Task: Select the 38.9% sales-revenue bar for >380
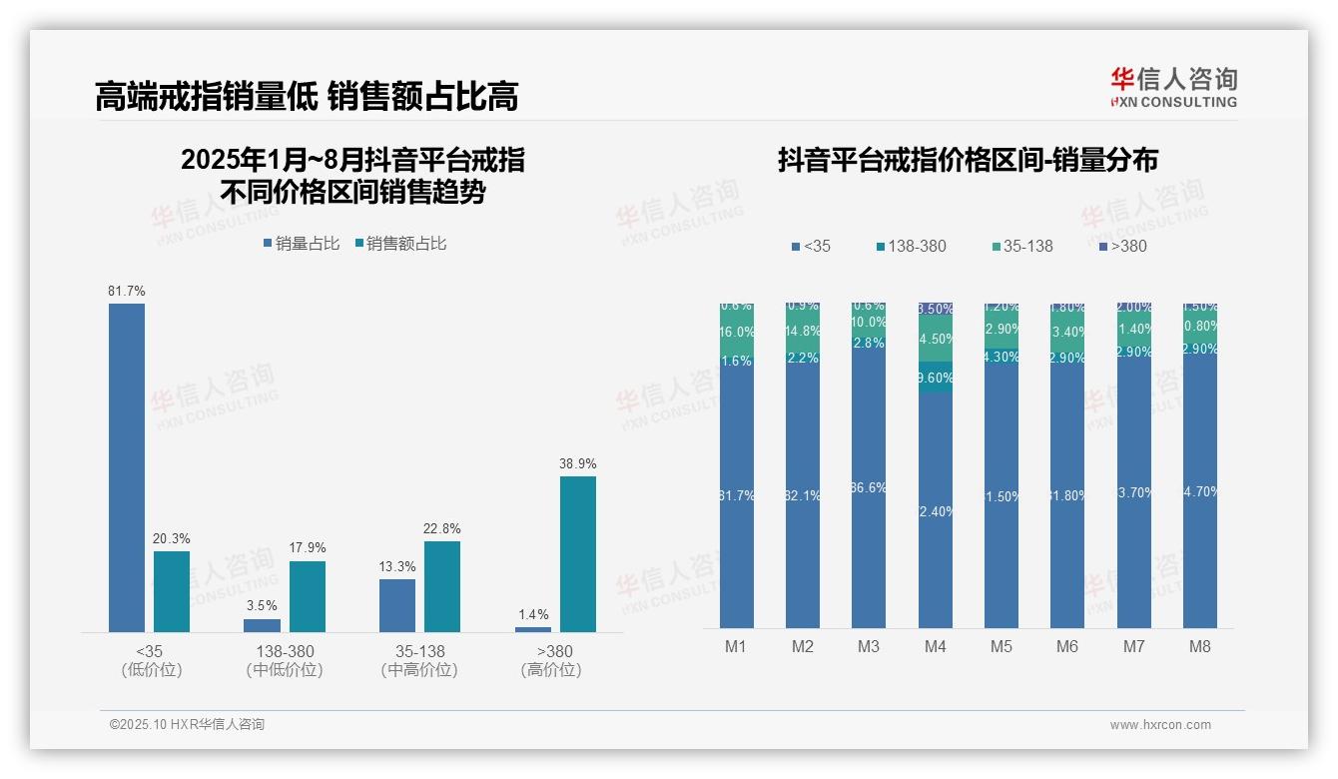(577, 553)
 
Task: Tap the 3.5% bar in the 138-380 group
(262, 625)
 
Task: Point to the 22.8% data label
(442, 529)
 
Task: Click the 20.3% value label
(171, 539)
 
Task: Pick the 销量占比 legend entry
(303, 244)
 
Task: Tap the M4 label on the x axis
(935, 647)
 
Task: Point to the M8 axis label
(1199, 647)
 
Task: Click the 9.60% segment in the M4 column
(935, 378)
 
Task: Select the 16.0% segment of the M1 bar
(736, 333)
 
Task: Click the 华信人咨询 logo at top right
(1173, 87)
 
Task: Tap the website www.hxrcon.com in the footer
(1160, 725)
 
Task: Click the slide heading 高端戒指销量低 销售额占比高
(307, 97)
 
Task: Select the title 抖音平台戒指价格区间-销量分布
(968, 161)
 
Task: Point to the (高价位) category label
(551, 670)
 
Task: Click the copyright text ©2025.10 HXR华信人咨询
(187, 725)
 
